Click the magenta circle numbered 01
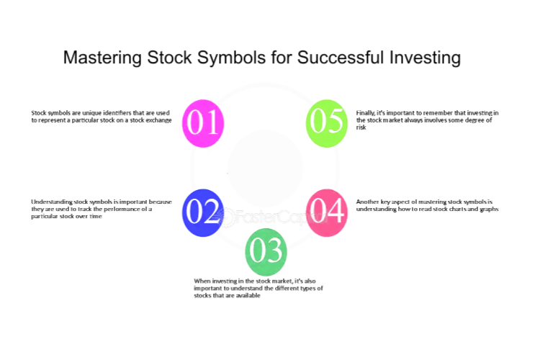click(x=203, y=123)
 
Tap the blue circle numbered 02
click(x=203, y=212)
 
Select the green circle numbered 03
click(x=266, y=252)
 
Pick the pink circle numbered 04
click(x=327, y=212)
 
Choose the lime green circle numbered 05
click(x=327, y=123)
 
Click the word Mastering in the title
click(x=102, y=58)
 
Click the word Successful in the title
click(x=341, y=57)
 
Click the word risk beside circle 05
click(x=361, y=127)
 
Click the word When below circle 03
click(x=202, y=281)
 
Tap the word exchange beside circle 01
click(x=160, y=120)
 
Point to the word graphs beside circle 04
click(x=489, y=210)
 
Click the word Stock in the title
click(x=169, y=57)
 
